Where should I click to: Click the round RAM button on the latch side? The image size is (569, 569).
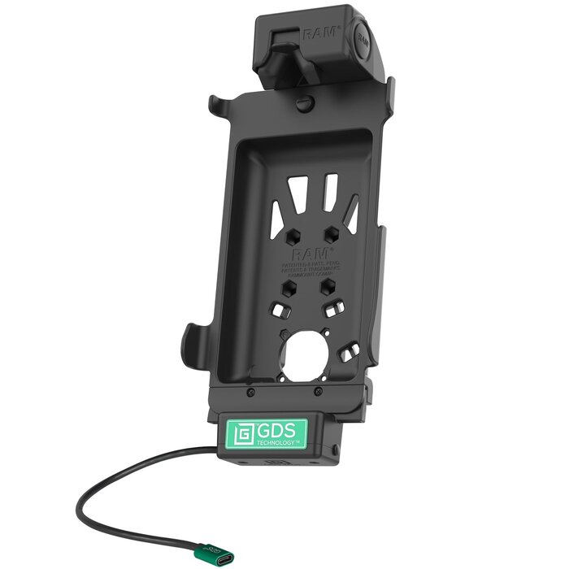[x=363, y=41]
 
